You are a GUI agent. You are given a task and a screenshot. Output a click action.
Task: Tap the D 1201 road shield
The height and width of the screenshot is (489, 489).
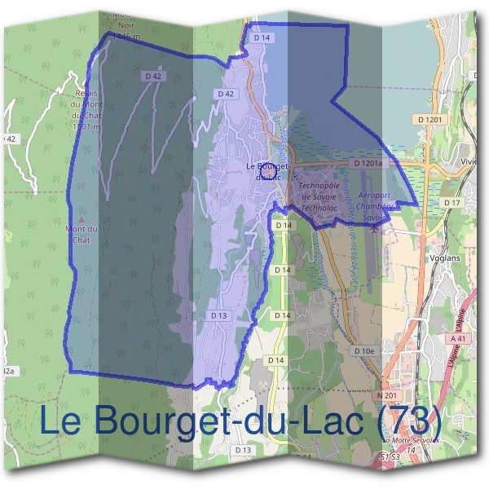[x=433, y=119]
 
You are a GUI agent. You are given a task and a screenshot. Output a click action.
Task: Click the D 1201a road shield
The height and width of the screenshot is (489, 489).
[x=368, y=164]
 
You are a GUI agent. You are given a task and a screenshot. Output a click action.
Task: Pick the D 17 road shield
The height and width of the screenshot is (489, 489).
[x=452, y=202]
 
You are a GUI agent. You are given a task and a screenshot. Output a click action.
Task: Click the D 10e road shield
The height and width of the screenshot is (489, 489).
[x=364, y=350]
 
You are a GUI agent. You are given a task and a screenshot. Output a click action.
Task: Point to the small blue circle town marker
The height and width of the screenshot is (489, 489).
[x=271, y=171]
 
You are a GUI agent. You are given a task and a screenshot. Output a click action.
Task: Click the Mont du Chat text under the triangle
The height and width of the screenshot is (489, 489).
[x=81, y=234]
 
